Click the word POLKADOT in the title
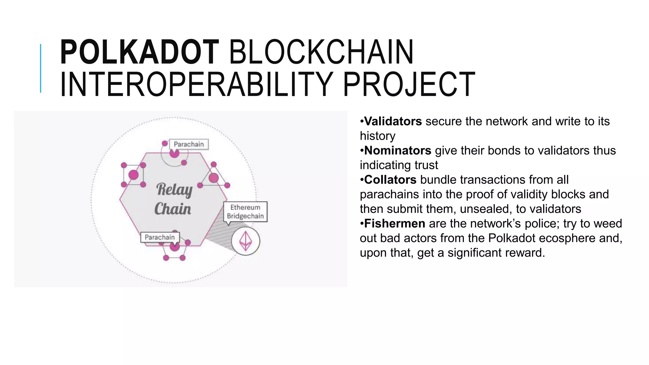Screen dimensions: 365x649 pos(139,52)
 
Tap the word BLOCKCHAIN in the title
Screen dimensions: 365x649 pos(321,52)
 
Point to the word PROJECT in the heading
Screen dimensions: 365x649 pos(409,85)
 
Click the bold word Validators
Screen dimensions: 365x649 pos(393,121)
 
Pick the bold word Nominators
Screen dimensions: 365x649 pos(397,150)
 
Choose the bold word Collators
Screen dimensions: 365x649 pos(390,180)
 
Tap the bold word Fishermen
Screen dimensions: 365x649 pos(395,224)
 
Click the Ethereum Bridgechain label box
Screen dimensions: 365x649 pos(245,212)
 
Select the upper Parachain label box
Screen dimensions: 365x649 pos(189,144)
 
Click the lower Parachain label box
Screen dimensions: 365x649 pos(160,237)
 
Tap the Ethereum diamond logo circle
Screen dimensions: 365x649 pos(246,241)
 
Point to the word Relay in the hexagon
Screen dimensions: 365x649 pos(174,190)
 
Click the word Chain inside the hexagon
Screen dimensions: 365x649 pos(173,209)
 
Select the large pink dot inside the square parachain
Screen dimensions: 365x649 pos(133,175)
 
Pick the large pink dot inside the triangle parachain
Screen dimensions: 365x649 pos(214,178)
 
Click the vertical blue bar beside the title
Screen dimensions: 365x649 pos(41,68)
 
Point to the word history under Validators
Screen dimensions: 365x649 pos(377,136)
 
